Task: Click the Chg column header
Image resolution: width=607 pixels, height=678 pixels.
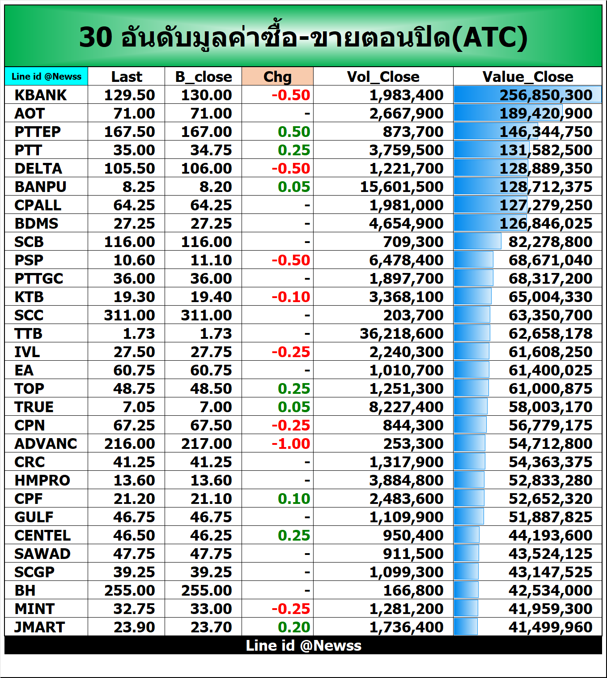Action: coord(277,77)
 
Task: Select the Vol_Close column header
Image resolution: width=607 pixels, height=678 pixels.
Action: coord(383,77)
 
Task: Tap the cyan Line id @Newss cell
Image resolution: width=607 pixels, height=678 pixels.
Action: coord(47,77)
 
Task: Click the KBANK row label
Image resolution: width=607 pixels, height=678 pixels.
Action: coord(41,95)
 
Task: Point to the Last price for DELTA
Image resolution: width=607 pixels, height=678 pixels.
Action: coord(129,168)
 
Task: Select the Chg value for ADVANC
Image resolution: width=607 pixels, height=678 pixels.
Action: coord(291,443)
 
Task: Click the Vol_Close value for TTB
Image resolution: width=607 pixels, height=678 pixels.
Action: coord(401,333)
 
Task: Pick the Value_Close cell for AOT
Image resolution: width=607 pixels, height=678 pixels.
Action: coord(546,113)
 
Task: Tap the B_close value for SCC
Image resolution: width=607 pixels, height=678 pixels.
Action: coord(206,315)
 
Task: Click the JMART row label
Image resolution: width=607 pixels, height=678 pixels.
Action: coord(40,627)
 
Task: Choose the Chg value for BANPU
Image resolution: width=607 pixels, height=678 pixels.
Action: coord(294,187)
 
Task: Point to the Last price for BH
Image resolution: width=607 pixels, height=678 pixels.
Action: coord(129,590)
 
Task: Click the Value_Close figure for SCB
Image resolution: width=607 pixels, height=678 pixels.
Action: coord(550,242)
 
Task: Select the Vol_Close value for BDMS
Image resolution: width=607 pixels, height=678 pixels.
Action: coord(406,223)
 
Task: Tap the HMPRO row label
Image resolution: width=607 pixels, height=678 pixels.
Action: coord(42,480)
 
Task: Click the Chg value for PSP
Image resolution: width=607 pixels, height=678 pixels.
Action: coord(291,260)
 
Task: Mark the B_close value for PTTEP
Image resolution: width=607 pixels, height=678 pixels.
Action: coord(206,132)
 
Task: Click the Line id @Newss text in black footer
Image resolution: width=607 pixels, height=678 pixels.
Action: coord(303,645)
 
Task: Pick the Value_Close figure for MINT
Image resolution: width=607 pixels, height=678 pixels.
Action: coord(550,609)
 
